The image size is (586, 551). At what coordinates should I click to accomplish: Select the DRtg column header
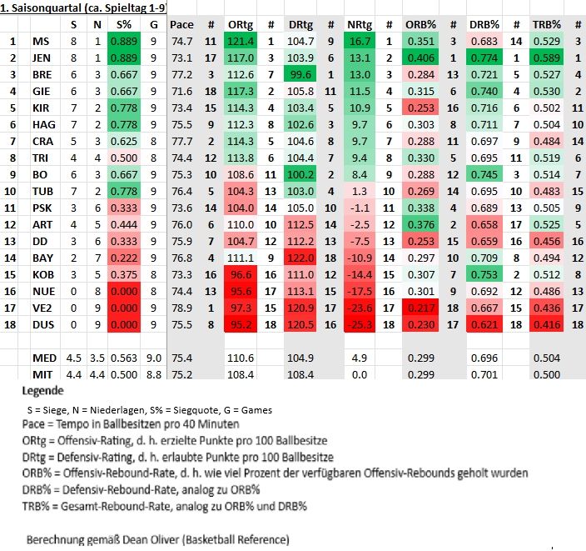(300, 25)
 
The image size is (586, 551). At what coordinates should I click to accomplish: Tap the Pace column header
(181, 25)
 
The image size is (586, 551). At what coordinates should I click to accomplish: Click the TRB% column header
(546, 25)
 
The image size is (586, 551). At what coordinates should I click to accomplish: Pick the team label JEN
(42, 58)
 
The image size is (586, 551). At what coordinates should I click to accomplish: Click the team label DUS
(42, 324)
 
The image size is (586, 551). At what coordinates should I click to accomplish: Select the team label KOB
(43, 274)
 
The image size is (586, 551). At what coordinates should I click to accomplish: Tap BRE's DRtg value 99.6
(300, 75)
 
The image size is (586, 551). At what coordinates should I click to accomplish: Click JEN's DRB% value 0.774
(485, 58)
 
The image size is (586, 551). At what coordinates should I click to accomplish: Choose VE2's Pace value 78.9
(181, 308)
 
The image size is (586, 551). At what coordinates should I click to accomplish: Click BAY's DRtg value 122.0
(300, 258)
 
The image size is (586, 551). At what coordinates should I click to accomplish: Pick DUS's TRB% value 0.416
(546, 324)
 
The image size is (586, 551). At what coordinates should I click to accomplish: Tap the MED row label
(44, 358)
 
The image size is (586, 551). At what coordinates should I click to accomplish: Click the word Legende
(42, 390)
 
